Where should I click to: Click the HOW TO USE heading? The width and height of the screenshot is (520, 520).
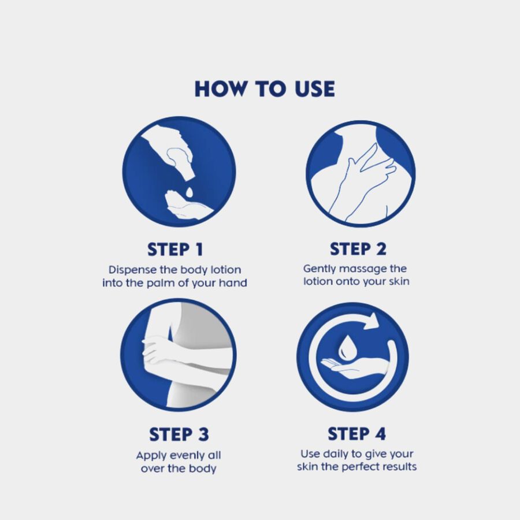pyautogui.click(x=265, y=89)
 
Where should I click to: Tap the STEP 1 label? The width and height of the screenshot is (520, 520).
pyautogui.click(x=175, y=250)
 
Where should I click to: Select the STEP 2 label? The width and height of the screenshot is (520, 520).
pyautogui.click(x=358, y=249)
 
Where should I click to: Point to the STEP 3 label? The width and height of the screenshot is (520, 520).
pyautogui.click(x=179, y=434)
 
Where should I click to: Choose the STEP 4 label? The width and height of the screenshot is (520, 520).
pyautogui.click(x=357, y=434)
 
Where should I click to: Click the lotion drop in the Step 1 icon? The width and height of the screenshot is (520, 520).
pyautogui.click(x=189, y=192)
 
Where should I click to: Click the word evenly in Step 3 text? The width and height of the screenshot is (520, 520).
pyautogui.click(x=180, y=456)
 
